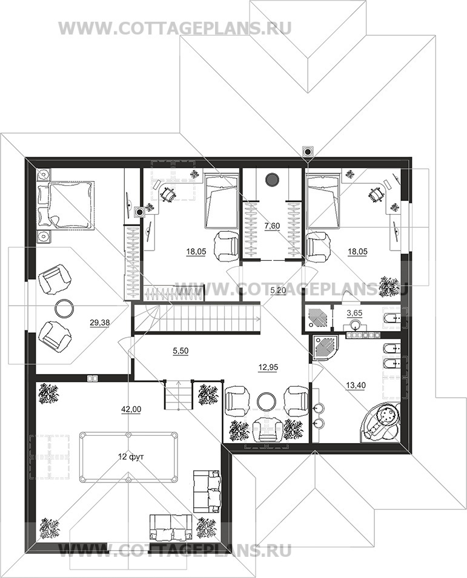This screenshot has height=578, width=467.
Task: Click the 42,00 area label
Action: click(x=131, y=409)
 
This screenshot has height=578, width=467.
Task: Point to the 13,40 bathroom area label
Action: click(x=356, y=386)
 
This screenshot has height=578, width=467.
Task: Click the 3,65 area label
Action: click(x=355, y=314)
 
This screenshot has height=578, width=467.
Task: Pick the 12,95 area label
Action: click(x=268, y=367)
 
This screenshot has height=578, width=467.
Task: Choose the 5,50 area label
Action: click(x=181, y=351)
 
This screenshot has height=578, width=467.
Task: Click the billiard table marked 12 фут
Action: click(x=128, y=457)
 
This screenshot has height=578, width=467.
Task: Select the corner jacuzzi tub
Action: click(x=381, y=421)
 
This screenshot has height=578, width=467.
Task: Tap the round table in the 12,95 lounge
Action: click(x=267, y=401)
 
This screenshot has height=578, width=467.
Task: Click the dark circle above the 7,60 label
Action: click(x=272, y=179)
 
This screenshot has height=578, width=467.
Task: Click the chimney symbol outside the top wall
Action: click(x=307, y=151)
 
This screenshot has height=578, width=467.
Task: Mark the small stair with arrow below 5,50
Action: click(x=179, y=395)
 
